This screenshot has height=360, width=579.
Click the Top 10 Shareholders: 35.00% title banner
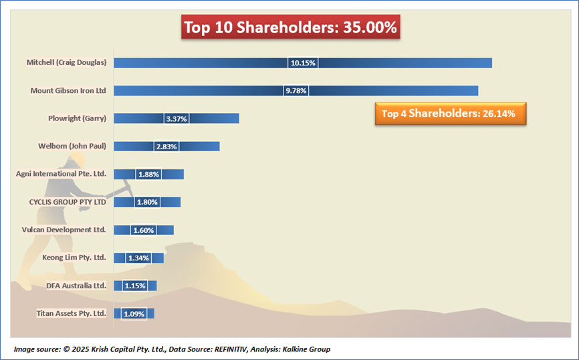click(291, 28)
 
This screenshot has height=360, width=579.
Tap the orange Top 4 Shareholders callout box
click(449, 113)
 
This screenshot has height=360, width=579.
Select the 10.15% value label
click(303, 63)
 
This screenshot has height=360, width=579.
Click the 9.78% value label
click(296, 90)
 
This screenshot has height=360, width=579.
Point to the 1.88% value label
click(148, 174)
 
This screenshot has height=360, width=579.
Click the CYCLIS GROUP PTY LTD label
click(68, 201)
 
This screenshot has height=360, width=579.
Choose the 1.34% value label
click(138, 258)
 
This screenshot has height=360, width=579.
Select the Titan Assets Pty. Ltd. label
click(70, 313)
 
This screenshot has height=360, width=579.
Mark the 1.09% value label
click(134, 313)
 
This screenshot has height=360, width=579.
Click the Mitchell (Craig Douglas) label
click(66, 62)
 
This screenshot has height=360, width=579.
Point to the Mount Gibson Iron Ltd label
click(68, 90)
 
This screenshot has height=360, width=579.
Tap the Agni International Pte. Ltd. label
click(61, 174)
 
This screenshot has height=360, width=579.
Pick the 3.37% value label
click(176, 118)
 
